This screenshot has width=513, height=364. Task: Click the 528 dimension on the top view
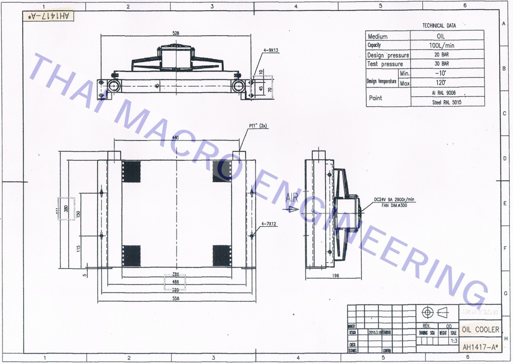coord(176,33)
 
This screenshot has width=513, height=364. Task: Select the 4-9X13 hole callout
coord(271,50)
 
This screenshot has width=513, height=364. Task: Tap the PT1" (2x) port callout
coord(258,126)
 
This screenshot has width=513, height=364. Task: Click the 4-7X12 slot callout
coord(269,224)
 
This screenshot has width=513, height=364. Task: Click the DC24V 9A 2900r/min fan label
coord(394,199)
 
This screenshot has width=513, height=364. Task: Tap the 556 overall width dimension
coord(176,299)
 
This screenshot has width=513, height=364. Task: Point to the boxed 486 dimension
coord(176,282)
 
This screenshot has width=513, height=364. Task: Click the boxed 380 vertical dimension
coord(66,209)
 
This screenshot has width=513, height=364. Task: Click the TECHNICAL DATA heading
coord(439,26)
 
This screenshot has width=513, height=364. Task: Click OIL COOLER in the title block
coord(481,330)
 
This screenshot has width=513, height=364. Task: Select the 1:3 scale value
coord(454,341)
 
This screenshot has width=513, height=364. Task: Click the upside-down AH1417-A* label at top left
coord(48,16)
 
